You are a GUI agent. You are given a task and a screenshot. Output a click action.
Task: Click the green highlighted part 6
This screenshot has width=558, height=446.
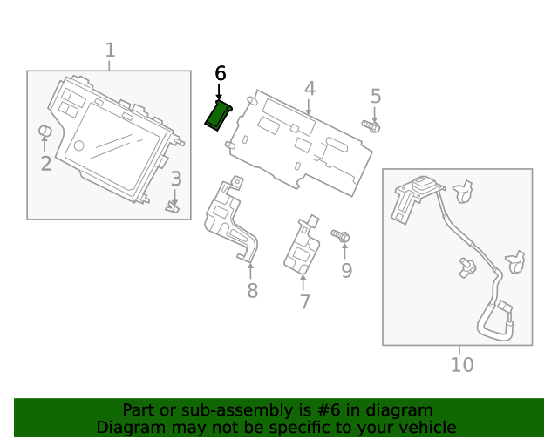point(217,116)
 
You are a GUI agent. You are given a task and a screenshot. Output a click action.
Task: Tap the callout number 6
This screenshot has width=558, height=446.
point(220,74)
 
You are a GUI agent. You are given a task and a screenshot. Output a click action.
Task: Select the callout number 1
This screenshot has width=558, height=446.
point(110,51)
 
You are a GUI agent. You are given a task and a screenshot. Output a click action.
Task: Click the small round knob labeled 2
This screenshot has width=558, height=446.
point(45,132)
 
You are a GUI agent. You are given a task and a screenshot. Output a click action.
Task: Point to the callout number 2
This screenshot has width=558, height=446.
point(45,163)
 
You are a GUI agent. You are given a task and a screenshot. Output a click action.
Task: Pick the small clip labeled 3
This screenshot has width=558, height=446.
point(173,206)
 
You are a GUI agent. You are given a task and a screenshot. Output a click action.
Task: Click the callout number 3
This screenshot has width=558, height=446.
point(175,179)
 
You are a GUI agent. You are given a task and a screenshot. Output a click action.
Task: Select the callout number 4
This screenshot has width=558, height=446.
point(310,88)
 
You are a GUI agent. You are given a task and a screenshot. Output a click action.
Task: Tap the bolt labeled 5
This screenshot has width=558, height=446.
point(371,128)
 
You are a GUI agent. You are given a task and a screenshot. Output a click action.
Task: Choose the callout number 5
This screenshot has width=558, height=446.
point(376,96)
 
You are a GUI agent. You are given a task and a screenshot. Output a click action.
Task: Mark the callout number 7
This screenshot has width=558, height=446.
point(304,302)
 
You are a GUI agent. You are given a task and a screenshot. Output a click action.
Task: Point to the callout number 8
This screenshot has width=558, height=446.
point(252,291)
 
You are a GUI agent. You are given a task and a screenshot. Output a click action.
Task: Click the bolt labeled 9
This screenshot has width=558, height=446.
point(341,236)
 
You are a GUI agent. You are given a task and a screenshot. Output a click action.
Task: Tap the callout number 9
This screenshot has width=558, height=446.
point(346,271)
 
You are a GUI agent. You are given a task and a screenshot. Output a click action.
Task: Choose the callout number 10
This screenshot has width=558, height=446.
point(462,364)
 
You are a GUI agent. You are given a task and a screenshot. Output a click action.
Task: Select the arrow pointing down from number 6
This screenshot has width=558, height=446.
point(219,91)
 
